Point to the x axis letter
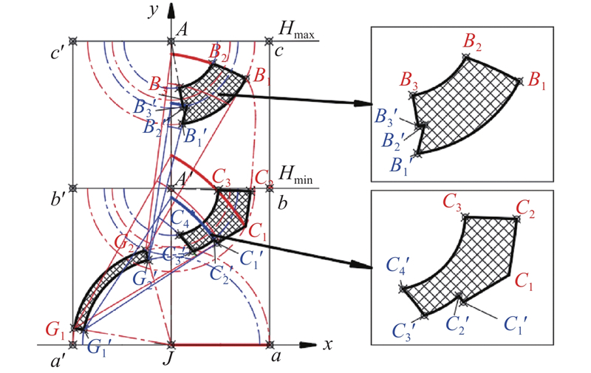[x=327, y=345]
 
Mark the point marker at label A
[x=171, y=41]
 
